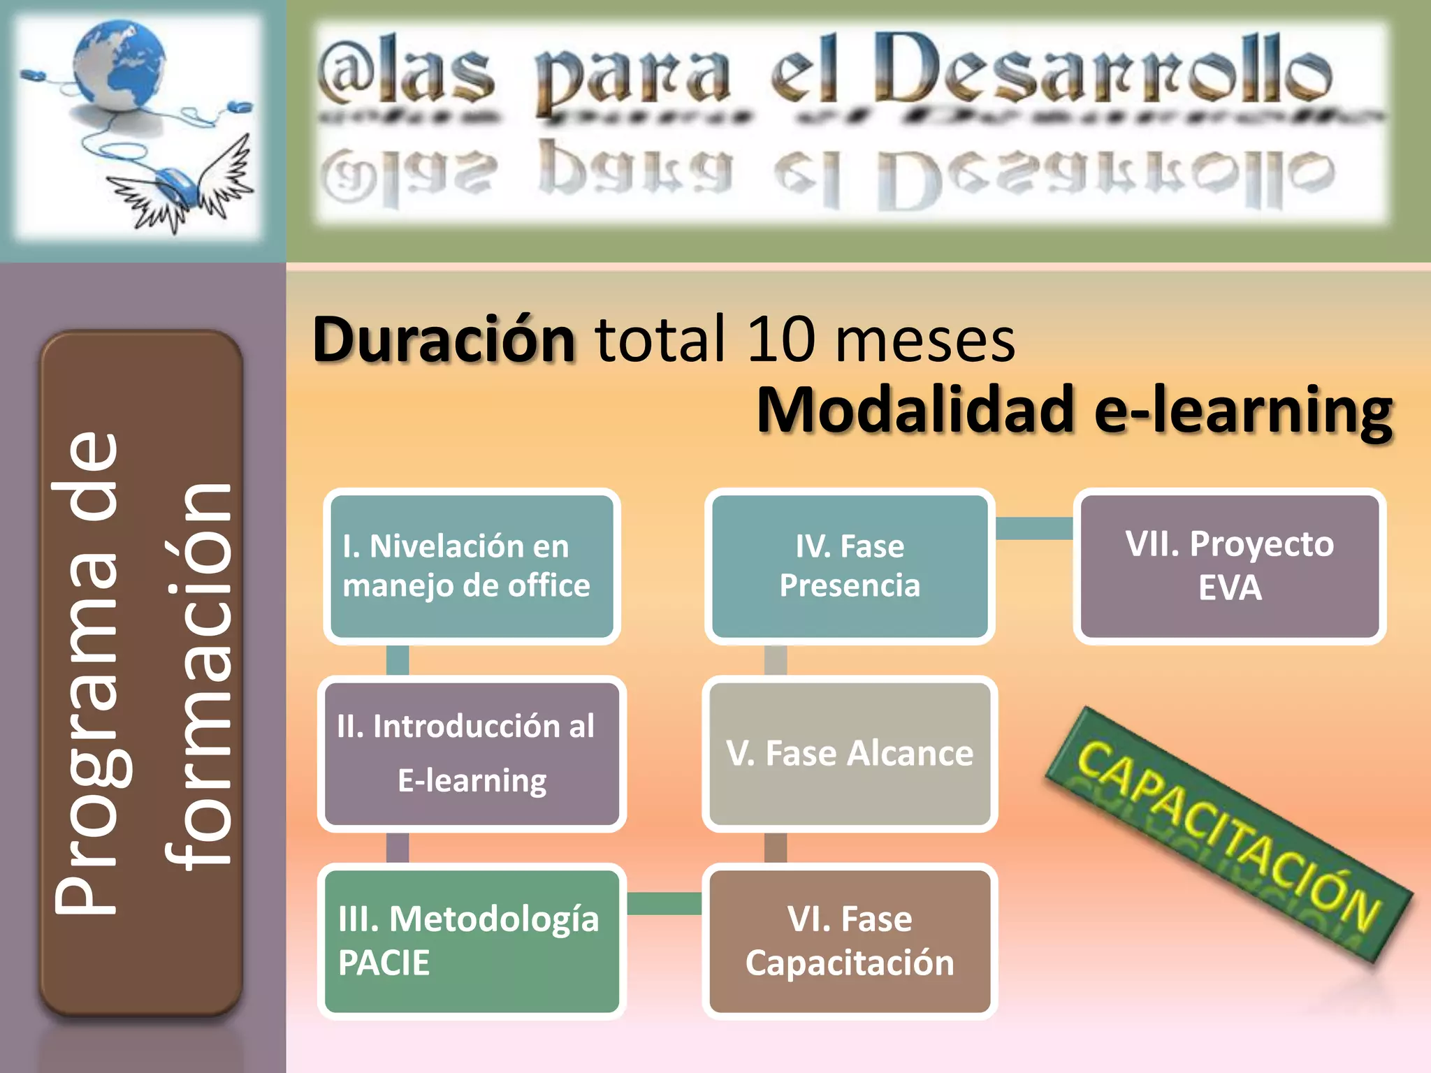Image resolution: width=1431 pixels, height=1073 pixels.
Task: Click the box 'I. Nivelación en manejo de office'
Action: click(x=472, y=566)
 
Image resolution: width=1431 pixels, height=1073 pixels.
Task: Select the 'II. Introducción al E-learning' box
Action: click(x=472, y=753)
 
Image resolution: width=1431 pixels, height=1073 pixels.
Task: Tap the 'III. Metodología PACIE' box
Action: click(x=472, y=940)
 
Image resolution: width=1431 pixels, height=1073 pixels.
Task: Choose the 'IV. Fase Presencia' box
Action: click(x=850, y=566)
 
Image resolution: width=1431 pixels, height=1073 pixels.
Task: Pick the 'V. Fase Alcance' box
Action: click(x=850, y=753)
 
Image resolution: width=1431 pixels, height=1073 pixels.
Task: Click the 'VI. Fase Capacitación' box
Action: click(x=850, y=940)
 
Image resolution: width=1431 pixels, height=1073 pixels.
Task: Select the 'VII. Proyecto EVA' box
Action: click(x=1230, y=566)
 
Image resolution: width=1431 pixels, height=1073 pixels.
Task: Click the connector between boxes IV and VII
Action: click(x=1034, y=528)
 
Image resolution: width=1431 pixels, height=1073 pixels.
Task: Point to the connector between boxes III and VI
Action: click(x=664, y=903)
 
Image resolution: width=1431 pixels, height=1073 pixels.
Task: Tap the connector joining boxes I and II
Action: click(x=398, y=660)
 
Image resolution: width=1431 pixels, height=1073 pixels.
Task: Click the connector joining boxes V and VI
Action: click(x=776, y=847)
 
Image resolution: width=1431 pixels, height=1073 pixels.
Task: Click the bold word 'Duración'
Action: click(x=444, y=340)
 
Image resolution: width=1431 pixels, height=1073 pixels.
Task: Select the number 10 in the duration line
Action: click(x=780, y=340)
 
